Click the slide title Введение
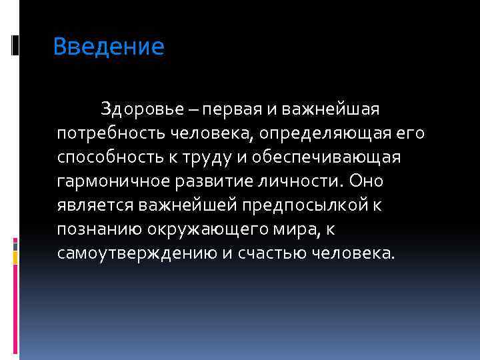click(x=108, y=47)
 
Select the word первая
click(x=235, y=108)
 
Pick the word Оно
click(x=367, y=181)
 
